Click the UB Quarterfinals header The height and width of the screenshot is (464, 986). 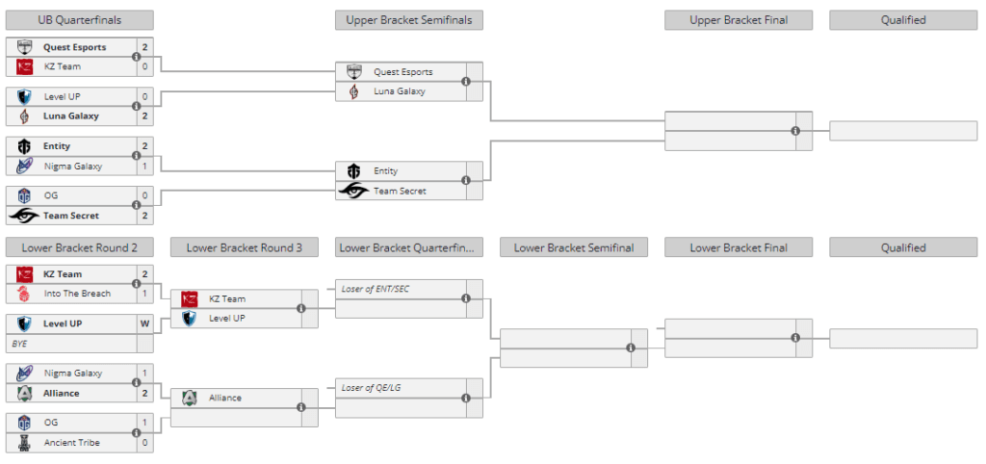pyautogui.click(x=79, y=20)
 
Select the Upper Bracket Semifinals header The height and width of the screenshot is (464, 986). pyautogui.click(x=409, y=20)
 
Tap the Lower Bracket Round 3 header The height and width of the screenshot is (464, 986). pyautogui.click(x=245, y=247)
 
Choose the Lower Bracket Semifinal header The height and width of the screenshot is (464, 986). pyautogui.click(x=574, y=247)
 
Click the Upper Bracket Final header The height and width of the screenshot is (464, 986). pyautogui.click(x=738, y=20)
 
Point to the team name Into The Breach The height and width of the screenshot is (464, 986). pyautogui.click(x=77, y=294)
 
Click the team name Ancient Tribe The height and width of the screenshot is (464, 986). pyautogui.click(x=73, y=443)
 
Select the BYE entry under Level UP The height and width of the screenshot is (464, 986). pyautogui.click(x=20, y=343)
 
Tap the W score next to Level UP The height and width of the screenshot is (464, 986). pyautogui.click(x=144, y=323)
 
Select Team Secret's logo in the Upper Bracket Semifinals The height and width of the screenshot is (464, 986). pyautogui.click(x=354, y=191)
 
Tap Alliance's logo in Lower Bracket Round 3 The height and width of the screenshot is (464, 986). pyautogui.click(x=189, y=398)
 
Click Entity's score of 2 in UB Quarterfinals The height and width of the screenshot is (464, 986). pyautogui.click(x=144, y=146)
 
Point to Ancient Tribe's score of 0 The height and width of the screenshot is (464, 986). pyautogui.click(x=144, y=443)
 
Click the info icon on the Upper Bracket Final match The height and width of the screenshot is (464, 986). pyautogui.click(x=795, y=131)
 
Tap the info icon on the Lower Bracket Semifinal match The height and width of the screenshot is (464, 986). pyautogui.click(x=631, y=348)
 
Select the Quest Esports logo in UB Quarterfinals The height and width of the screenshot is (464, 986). pyautogui.click(x=25, y=47)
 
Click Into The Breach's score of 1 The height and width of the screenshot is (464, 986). pyautogui.click(x=144, y=294)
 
